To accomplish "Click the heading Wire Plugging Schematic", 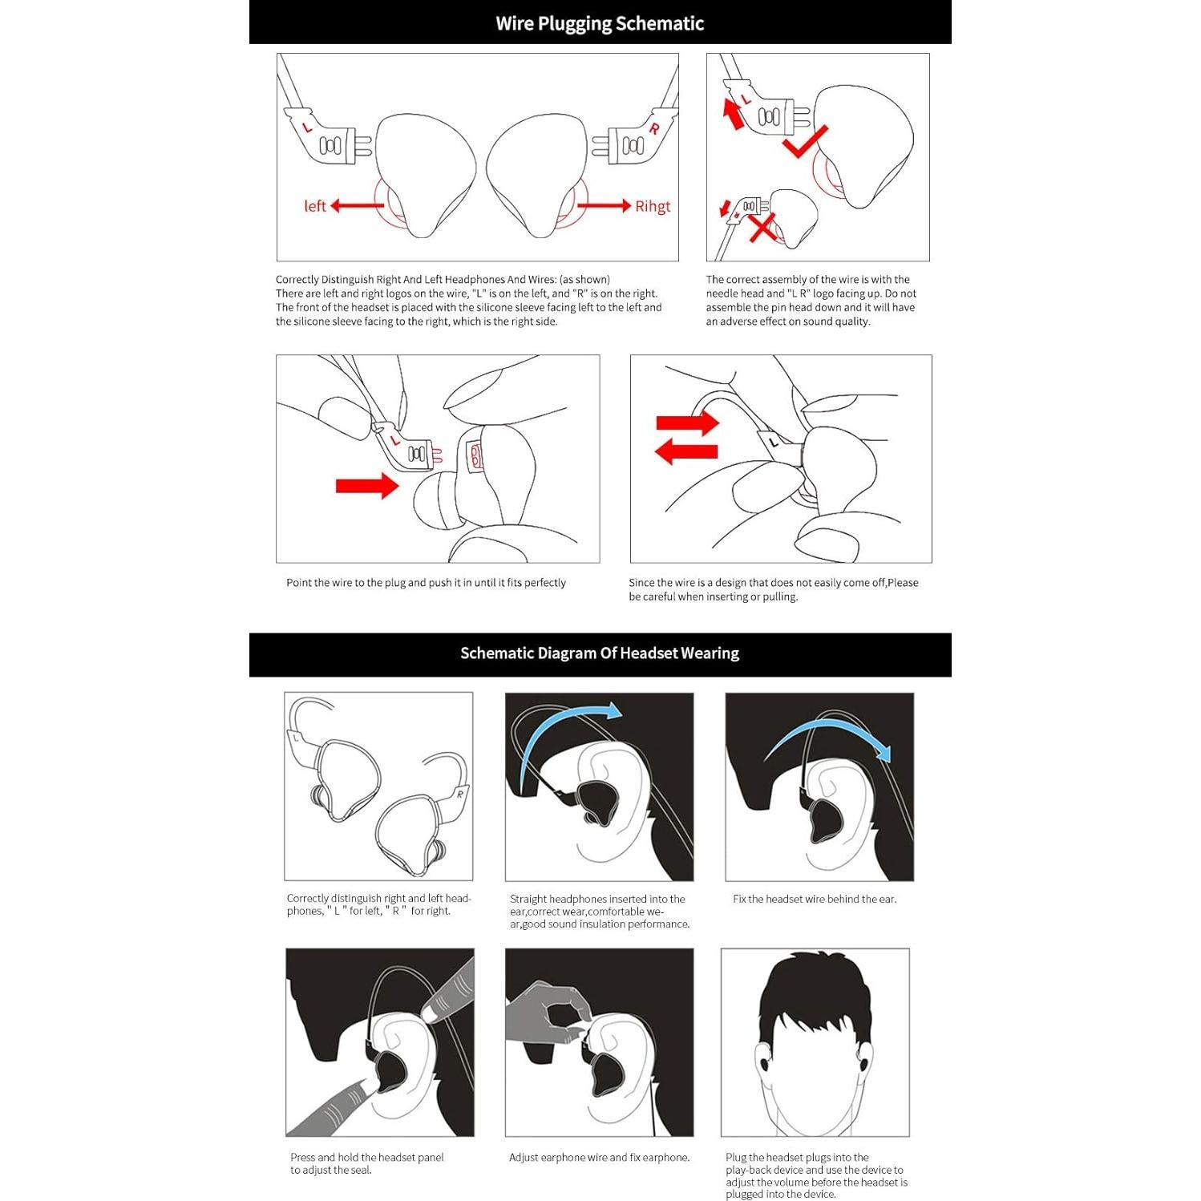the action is [600, 23].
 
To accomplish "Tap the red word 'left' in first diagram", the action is [315, 206].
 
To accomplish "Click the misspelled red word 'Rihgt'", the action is [653, 207].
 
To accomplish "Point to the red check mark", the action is [804, 142].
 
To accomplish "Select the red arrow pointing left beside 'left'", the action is [357, 206].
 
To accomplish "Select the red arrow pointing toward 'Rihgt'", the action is [604, 206].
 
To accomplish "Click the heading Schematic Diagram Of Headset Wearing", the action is [600, 653].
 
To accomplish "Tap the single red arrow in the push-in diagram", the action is [367, 485].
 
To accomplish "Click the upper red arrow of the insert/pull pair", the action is [688, 423].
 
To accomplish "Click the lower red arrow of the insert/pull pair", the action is [686, 451].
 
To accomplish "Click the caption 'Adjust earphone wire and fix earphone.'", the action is [599, 1157].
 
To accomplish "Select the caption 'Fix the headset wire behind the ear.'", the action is [815, 899].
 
